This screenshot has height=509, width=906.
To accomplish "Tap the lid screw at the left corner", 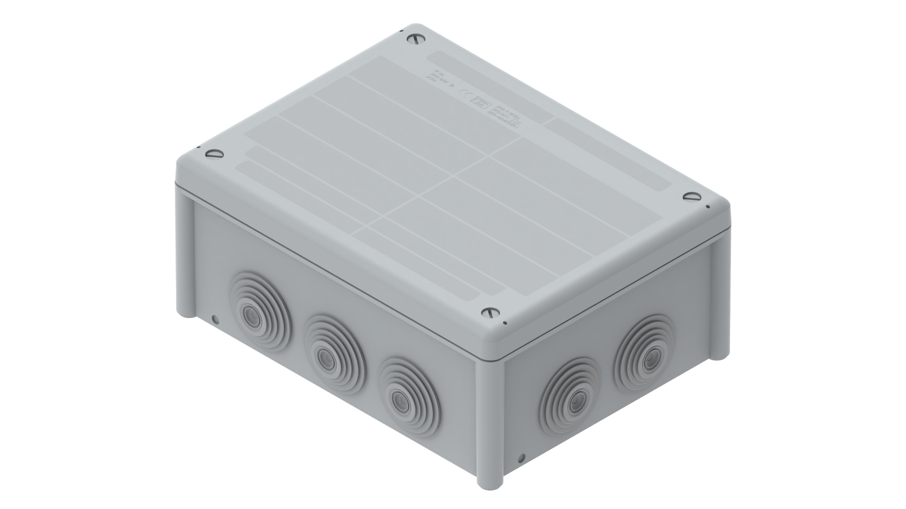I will pos(215,153).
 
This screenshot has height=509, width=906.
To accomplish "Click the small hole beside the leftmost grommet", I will pos(215,320).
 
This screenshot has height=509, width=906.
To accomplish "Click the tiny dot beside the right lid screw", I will pos(707,207).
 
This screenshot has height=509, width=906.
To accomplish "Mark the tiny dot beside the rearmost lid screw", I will pos(401,31).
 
